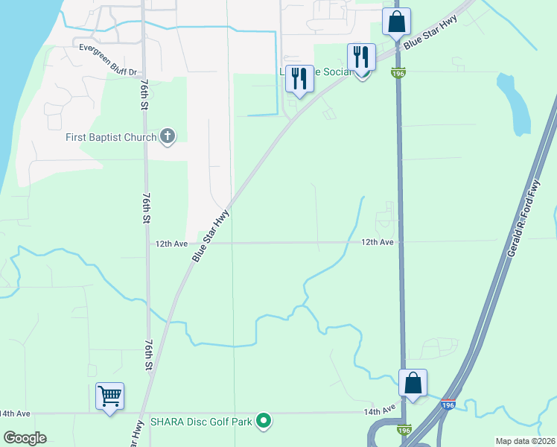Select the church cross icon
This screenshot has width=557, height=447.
click(x=168, y=136)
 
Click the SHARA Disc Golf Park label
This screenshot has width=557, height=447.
click(x=201, y=422)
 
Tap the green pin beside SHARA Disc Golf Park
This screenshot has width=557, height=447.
click(x=263, y=422)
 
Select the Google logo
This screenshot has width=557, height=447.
click(x=24, y=437)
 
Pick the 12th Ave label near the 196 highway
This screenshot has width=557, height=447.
click(x=378, y=242)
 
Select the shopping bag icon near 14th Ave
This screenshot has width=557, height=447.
click(x=413, y=383)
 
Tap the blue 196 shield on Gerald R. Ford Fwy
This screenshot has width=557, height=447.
click(x=447, y=405)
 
